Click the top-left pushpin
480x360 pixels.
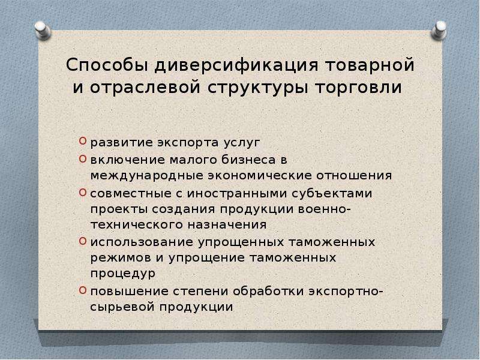click(x=42, y=31)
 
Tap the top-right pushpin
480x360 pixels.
click(x=439, y=31)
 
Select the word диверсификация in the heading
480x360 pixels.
click(x=236, y=66)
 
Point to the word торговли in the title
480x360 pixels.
click(x=358, y=88)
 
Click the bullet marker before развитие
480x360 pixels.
click(x=82, y=141)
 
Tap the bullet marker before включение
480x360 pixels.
click(x=82, y=158)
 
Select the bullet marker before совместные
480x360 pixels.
click(x=82, y=192)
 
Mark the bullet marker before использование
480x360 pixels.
click(x=82, y=241)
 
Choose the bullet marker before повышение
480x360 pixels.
click(x=82, y=290)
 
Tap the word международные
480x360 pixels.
click(x=147, y=176)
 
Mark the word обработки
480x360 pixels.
click(x=268, y=291)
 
